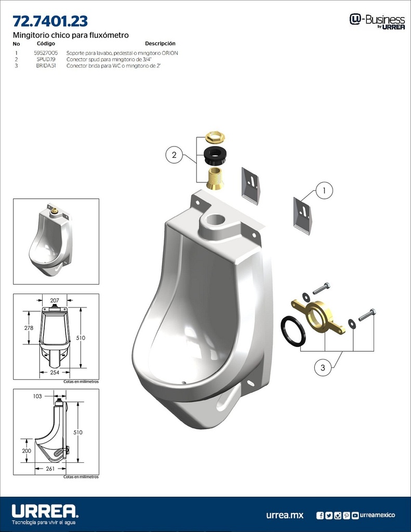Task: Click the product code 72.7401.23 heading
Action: [50, 21]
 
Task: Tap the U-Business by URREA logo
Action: [377, 21]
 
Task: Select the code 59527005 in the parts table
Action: [46, 53]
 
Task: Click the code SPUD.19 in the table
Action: [46, 60]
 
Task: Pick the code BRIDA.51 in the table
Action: [46, 66]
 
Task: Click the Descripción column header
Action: [160, 44]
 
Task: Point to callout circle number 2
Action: [174, 154]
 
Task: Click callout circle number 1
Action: [324, 191]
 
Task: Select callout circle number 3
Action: [323, 367]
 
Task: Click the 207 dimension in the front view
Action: [55, 301]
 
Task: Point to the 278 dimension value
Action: [29, 328]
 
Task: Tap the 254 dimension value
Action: [55, 373]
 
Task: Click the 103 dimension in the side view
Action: [37, 396]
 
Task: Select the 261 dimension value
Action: [50, 469]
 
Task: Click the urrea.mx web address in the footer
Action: [284, 515]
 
